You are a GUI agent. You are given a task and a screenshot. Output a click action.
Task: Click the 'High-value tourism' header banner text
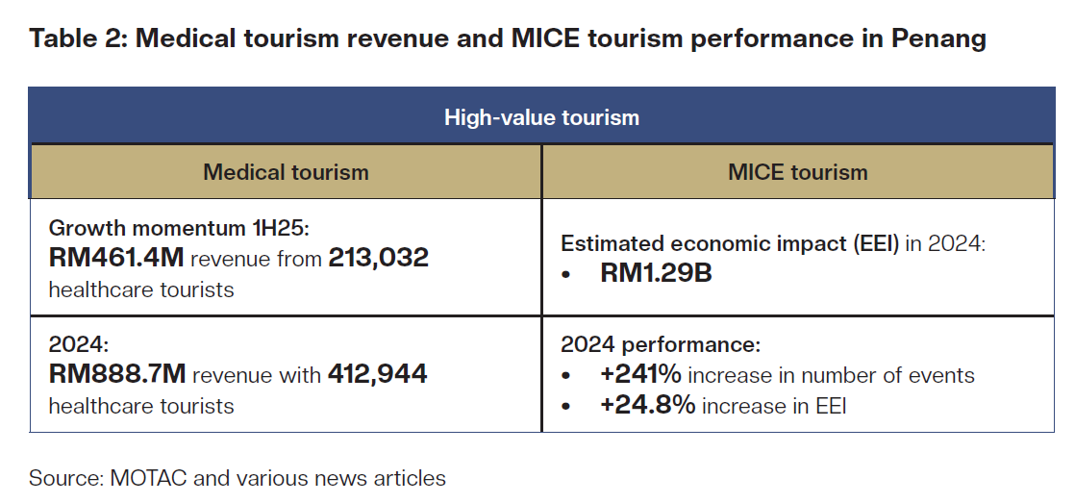pos(541,117)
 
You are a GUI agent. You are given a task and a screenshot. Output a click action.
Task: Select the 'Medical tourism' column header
pos(286,172)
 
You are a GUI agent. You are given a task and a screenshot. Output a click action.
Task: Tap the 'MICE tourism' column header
pos(797,172)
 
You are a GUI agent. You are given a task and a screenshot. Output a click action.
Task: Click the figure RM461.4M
pos(116,257)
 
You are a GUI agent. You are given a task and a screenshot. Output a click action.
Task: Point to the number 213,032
pos(378,257)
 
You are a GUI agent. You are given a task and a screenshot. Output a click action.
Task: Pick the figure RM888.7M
pos(116,375)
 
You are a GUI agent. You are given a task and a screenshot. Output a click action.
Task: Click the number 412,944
pos(378,375)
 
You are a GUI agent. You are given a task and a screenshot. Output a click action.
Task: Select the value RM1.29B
pos(656,274)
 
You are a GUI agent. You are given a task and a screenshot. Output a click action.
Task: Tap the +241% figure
pos(641,375)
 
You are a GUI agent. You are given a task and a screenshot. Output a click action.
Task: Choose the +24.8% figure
pos(647,406)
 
